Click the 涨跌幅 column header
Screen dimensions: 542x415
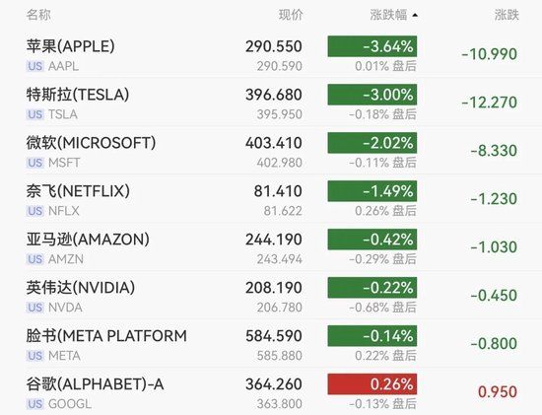pyautogui.click(x=388, y=15)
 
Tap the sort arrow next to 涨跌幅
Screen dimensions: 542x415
pyautogui.click(x=415, y=15)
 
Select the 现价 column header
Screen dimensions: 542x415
pyautogui.click(x=291, y=15)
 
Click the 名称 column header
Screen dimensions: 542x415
pyautogui.click(x=38, y=15)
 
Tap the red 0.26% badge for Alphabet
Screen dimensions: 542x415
pyautogui.click(x=373, y=383)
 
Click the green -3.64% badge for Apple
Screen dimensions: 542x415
pyautogui.click(x=373, y=46)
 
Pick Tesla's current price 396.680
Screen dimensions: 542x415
pyautogui.click(x=274, y=95)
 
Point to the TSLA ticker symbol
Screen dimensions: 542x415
pyautogui.click(x=63, y=114)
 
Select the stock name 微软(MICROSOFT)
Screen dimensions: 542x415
pyautogui.click(x=91, y=143)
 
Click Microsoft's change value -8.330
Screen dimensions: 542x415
pyautogui.click(x=494, y=151)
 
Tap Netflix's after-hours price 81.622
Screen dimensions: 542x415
pyautogui.click(x=283, y=211)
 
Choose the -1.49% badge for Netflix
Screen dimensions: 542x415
pyautogui.click(x=373, y=191)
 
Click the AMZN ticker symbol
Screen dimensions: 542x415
pyautogui.click(x=66, y=259)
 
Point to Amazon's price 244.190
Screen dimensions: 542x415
pyautogui.click(x=274, y=240)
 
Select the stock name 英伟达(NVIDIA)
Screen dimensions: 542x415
pyautogui.click(x=81, y=288)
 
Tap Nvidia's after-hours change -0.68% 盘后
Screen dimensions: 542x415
pyautogui.click(x=382, y=308)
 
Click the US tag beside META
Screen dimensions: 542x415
pyautogui.click(x=35, y=356)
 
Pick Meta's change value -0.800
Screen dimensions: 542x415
pyautogui.click(x=494, y=343)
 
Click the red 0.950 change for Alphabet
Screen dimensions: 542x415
pyautogui.click(x=498, y=391)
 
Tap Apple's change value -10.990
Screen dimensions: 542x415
pyautogui.click(x=490, y=54)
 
